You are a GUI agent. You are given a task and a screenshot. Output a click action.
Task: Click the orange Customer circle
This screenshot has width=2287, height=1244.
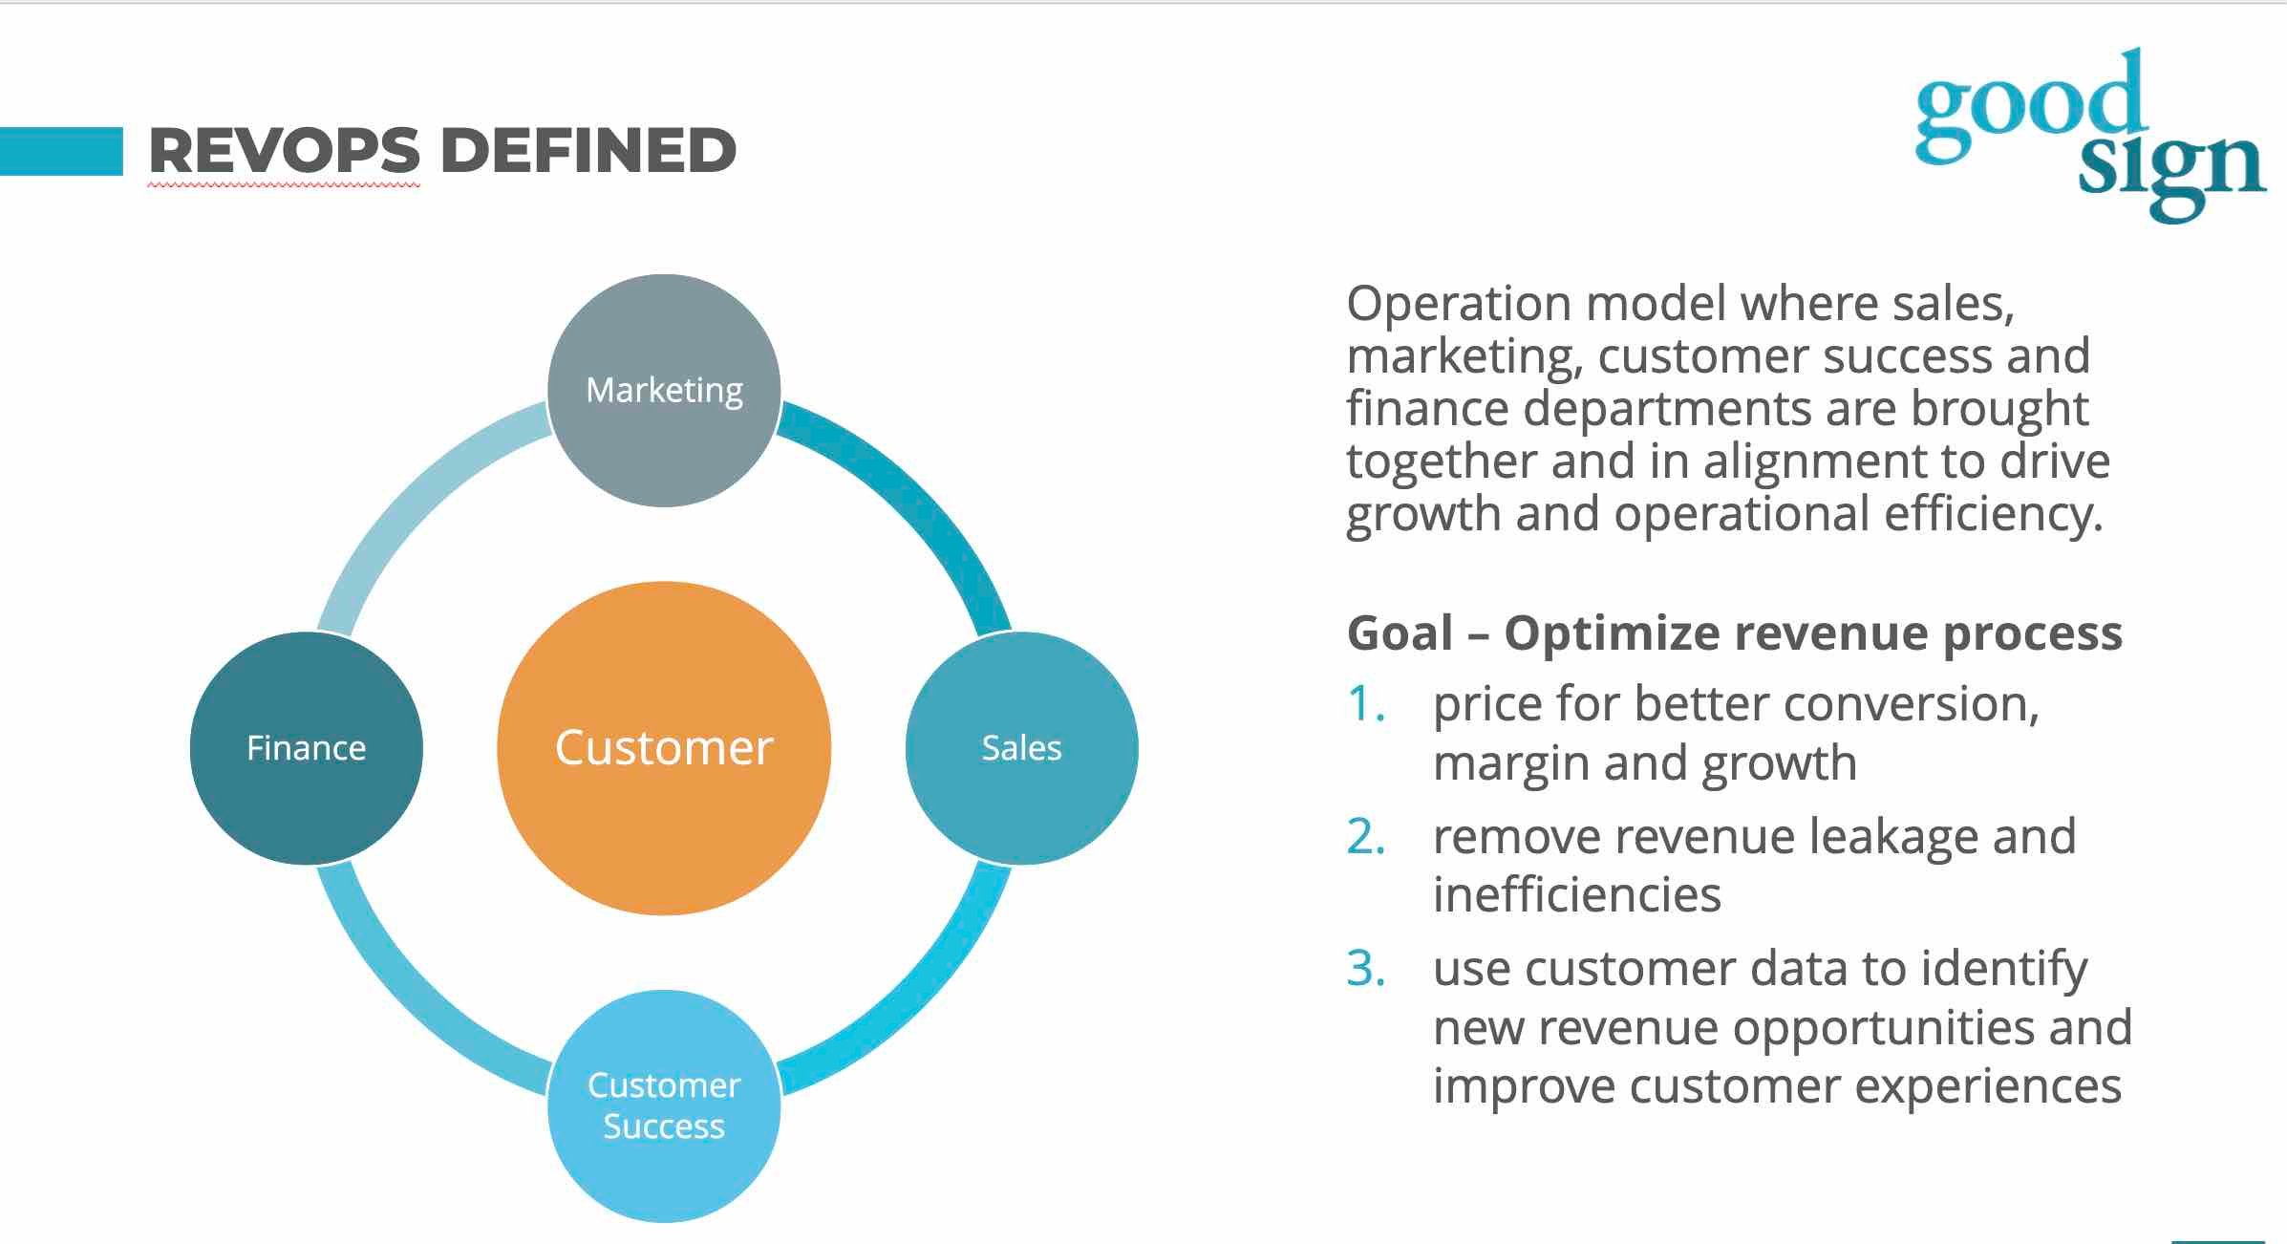[664, 748]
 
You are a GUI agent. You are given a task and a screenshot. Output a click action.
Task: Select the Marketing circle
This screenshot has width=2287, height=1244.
[664, 390]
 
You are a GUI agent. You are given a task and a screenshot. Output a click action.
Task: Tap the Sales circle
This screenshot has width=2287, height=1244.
[1021, 748]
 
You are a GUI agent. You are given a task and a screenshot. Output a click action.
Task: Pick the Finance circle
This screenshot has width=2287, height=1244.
[306, 748]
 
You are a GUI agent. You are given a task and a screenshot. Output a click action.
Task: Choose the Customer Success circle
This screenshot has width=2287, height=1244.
[664, 1105]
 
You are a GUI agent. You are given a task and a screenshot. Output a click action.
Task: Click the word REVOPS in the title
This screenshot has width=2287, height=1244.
[284, 151]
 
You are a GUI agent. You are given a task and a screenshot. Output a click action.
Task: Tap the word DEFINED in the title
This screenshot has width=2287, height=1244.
[588, 151]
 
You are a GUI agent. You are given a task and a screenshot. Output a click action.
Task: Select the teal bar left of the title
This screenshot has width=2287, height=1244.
[61, 151]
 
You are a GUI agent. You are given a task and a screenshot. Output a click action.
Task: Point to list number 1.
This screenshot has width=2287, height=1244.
[1365, 704]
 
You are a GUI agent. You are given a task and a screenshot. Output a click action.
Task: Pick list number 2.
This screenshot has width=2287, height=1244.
[1365, 837]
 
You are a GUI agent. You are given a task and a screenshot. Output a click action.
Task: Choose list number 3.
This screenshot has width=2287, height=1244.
[1365, 969]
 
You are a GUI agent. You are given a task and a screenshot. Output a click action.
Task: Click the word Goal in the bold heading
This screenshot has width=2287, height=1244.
[1400, 633]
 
